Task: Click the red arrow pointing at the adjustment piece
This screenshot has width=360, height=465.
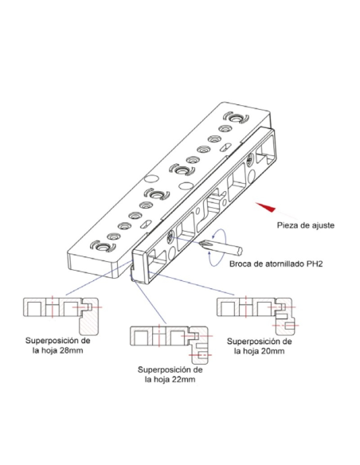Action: click(265, 207)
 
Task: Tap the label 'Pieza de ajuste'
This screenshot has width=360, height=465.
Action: click(306, 225)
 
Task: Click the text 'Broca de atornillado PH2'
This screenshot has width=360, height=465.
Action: click(276, 264)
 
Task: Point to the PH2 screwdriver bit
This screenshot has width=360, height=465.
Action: click(221, 248)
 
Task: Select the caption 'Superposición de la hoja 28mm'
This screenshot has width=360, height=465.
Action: click(58, 346)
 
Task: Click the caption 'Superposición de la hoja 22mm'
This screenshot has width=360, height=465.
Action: click(170, 374)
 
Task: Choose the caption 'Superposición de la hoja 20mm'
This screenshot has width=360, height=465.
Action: click(260, 346)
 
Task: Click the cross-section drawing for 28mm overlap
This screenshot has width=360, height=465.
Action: click(61, 315)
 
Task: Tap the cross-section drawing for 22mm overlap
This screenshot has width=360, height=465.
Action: click(171, 345)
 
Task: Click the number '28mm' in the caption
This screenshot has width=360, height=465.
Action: click(71, 350)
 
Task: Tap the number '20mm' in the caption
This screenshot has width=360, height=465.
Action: click(272, 351)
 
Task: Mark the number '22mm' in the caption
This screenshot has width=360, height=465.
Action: click(183, 379)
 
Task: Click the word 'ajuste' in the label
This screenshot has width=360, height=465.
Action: click(323, 225)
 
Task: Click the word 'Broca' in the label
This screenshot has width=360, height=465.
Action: click(241, 264)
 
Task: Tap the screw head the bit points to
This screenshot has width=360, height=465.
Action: click(171, 236)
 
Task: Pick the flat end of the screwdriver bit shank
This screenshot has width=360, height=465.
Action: click(240, 252)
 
